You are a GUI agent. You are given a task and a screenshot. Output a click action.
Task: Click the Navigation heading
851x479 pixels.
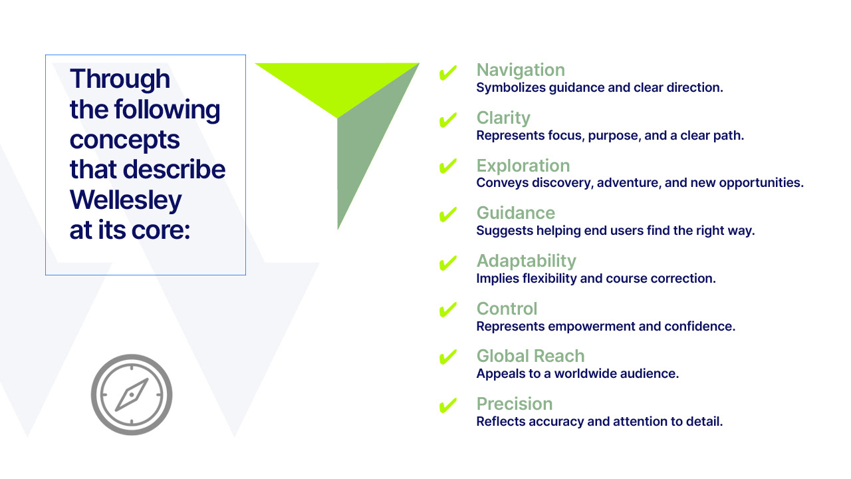pos(521,70)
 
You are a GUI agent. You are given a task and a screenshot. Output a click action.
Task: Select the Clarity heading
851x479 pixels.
pos(503,118)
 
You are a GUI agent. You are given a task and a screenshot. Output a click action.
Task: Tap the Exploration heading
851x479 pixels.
pos(523,166)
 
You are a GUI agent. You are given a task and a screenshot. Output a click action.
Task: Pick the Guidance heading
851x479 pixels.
pos(515,213)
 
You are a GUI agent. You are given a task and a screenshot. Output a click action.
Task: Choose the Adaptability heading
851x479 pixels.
pos(526,261)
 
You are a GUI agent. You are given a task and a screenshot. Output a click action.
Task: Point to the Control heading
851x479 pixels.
pos(507,309)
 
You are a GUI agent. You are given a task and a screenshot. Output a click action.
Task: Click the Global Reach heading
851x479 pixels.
pos(530,356)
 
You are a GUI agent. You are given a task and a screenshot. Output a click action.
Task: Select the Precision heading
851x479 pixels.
pos(514,404)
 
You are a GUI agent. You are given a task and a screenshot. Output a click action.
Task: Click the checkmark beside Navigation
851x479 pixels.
pos(448,73)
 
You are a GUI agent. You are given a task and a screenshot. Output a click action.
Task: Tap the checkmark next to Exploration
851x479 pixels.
pos(448,168)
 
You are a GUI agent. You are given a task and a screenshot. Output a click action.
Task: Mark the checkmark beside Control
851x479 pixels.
pos(448,310)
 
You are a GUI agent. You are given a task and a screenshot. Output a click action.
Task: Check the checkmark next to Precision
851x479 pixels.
pos(448,405)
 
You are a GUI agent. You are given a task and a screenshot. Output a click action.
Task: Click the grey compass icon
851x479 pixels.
pos(132,395)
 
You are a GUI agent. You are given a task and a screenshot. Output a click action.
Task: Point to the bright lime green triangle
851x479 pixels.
pos(332,83)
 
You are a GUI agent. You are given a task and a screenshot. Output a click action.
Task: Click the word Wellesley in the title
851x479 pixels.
pos(126,200)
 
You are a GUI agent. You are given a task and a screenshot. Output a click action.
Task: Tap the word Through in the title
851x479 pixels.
pos(120,79)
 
